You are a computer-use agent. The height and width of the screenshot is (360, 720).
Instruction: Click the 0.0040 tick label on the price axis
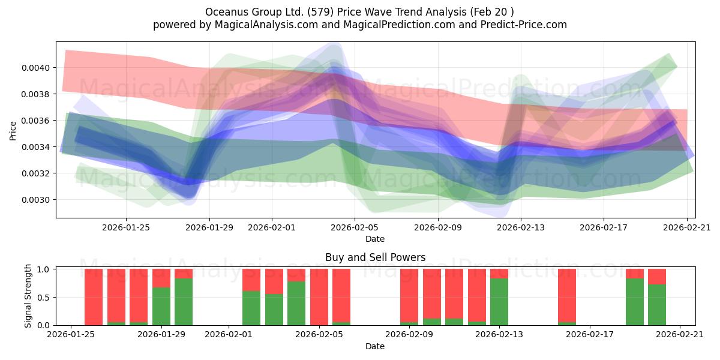[x=35, y=68]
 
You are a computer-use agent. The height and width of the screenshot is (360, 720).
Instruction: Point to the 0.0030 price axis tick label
[x=35, y=200]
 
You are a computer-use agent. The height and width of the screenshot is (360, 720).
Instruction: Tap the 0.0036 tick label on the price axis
[x=35, y=121]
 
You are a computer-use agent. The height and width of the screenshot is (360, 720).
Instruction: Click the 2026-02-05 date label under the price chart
[x=355, y=227]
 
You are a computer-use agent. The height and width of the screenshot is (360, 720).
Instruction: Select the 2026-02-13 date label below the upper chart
[x=521, y=227]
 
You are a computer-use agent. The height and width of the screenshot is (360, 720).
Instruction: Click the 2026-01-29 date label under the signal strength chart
[x=161, y=335]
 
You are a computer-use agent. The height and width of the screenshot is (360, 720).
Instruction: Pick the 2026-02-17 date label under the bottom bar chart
[x=590, y=335]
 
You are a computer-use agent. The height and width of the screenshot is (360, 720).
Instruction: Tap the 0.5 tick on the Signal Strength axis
[x=44, y=298]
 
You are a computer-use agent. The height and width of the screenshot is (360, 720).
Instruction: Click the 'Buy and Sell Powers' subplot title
[x=375, y=257]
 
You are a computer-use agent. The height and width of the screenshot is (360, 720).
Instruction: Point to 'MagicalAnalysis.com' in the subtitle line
[x=266, y=25]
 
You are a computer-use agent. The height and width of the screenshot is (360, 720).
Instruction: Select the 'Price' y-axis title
[x=13, y=131]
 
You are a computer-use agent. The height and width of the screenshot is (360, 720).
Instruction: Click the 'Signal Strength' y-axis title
[x=28, y=296]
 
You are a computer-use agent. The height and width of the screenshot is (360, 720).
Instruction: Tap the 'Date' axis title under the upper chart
[x=375, y=239]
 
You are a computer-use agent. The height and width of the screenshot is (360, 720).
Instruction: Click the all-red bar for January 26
[x=94, y=297]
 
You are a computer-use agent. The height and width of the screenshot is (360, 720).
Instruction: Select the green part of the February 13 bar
[x=499, y=302]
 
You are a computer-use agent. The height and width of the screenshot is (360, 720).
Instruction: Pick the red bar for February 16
[x=567, y=295]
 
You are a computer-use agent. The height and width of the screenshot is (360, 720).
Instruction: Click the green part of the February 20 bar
[x=656, y=305]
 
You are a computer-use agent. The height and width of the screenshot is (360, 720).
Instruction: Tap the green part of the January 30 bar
[x=184, y=302]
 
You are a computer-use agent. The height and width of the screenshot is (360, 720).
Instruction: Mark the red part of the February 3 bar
[x=274, y=281]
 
